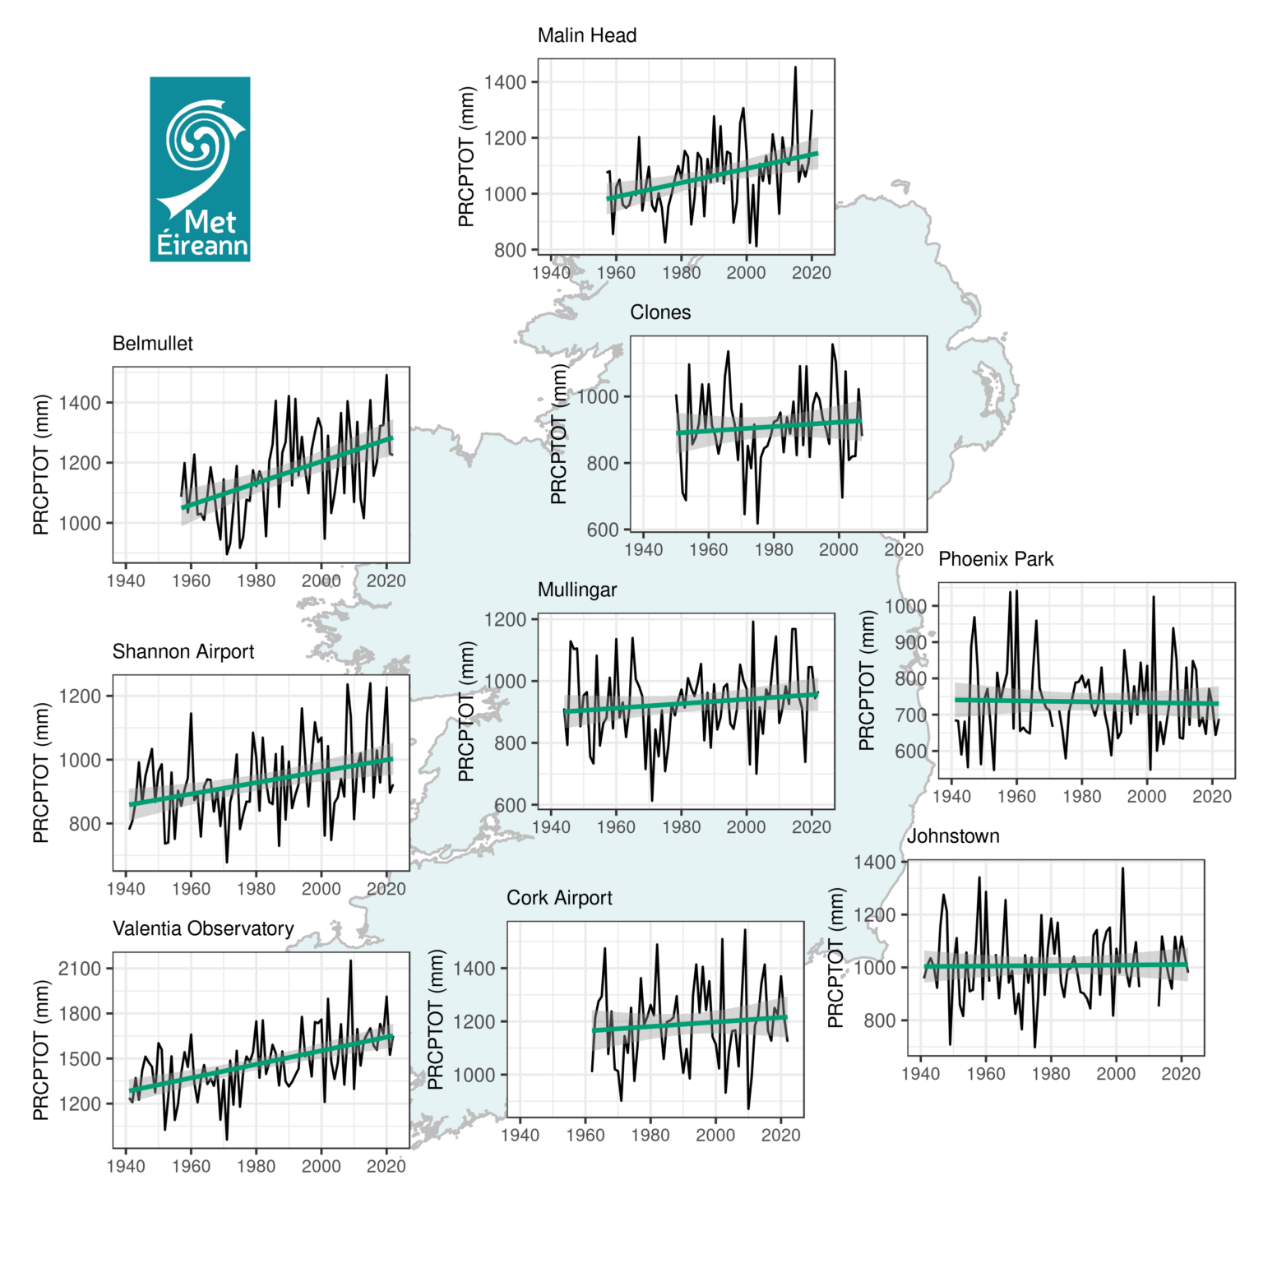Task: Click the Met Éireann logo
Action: [200, 169]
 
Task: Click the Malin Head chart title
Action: [586, 35]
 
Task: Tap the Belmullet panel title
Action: [152, 344]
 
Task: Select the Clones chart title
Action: [660, 312]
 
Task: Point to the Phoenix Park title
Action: [996, 559]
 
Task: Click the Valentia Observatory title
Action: [203, 929]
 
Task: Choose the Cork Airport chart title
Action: [559, 898]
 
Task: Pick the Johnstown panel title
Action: [953, 836]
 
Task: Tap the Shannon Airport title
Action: [183, 652]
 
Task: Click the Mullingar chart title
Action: [577, 590]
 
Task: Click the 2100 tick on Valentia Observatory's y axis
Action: [80, 969]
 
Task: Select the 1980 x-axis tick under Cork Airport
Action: [650, 1136]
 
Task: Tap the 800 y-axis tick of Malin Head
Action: [510, 250]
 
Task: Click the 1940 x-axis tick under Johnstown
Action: [920, 1074]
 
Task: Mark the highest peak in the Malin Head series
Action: [795, 67]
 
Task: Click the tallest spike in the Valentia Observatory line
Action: [350, 960]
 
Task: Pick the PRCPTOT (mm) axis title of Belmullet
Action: [41, 465]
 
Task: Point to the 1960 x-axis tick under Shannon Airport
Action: [191, 889]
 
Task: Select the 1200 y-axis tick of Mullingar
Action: [505, 619]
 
